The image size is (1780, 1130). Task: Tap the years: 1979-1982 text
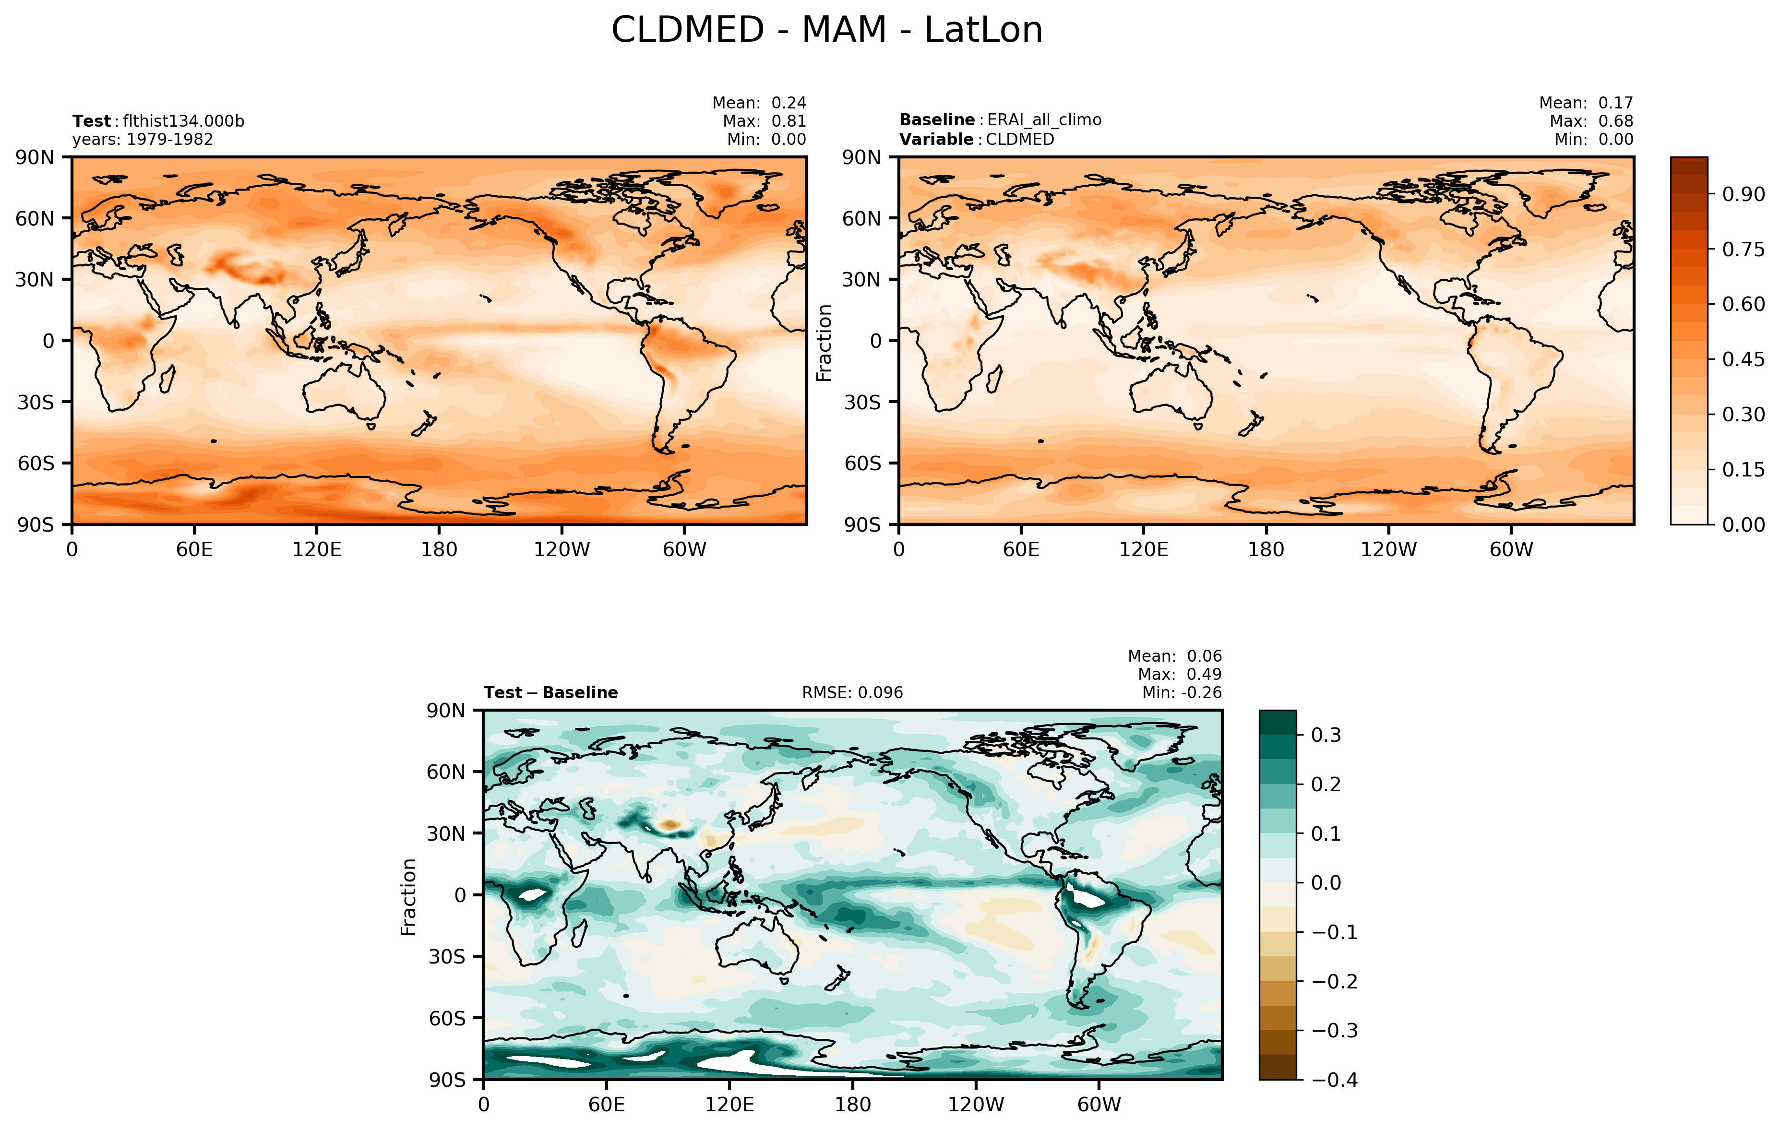coord(143,140)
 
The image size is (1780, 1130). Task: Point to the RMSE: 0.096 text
coord(852,692)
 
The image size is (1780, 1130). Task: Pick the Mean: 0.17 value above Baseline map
coord(1586,103)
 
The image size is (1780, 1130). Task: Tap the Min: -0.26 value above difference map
coord(1181,692)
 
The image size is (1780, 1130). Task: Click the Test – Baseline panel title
coord(551,692)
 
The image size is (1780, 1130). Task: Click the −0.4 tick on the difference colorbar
coord(1334,1080)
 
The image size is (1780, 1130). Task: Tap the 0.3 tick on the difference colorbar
coord(1326,736)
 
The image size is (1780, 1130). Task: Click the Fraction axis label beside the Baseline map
coord(824,342)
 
